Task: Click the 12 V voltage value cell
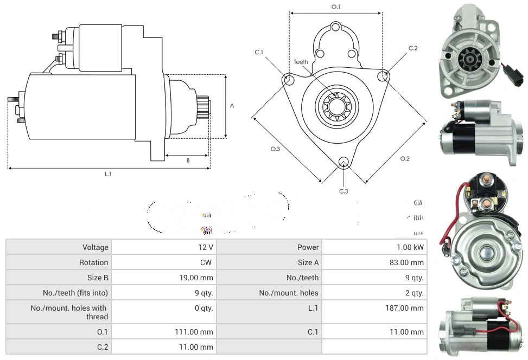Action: (x=206, y=247)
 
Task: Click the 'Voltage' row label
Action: (x=95, y=247)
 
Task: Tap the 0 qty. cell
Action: (x=203, y=308)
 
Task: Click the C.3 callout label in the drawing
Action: (x=343, y=191)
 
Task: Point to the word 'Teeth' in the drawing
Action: (x=301, y=62)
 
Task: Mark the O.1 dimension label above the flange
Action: (x=336, y=7)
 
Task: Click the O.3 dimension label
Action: (x=276, y=149)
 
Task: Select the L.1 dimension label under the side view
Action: (x=108, y=174)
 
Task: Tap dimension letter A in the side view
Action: (x=232, y=106)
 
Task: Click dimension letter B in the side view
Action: (x=188, y=160)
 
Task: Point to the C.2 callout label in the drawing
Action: (x=413, y=48)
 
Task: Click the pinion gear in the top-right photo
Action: (x=467, y=59)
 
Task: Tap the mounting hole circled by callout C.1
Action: (x=289, y=80)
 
